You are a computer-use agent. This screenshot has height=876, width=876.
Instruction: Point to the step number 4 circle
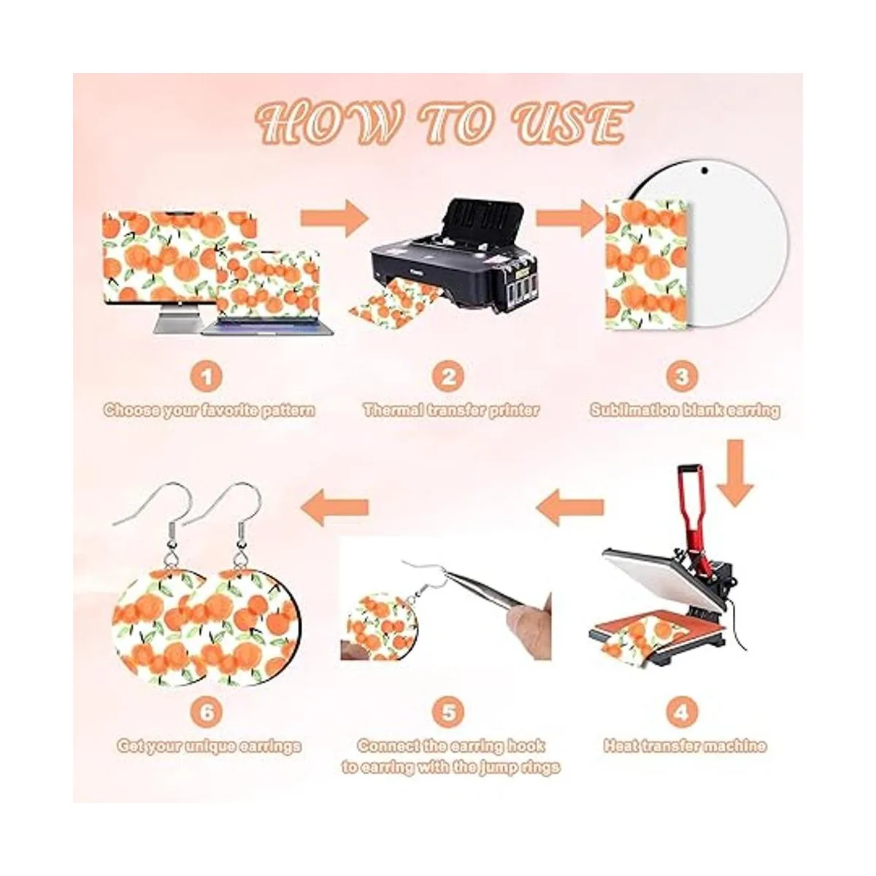(682, 712)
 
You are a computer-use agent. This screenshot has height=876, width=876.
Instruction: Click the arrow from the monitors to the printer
(334, 218)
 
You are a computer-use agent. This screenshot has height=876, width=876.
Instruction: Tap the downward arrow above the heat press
(734, 473)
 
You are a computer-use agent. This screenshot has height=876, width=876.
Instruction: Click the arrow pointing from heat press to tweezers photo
(570, 506)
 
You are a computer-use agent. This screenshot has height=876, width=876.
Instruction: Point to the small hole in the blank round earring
(704, 171)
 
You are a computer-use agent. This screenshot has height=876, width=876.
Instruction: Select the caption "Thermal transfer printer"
(451, 410)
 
